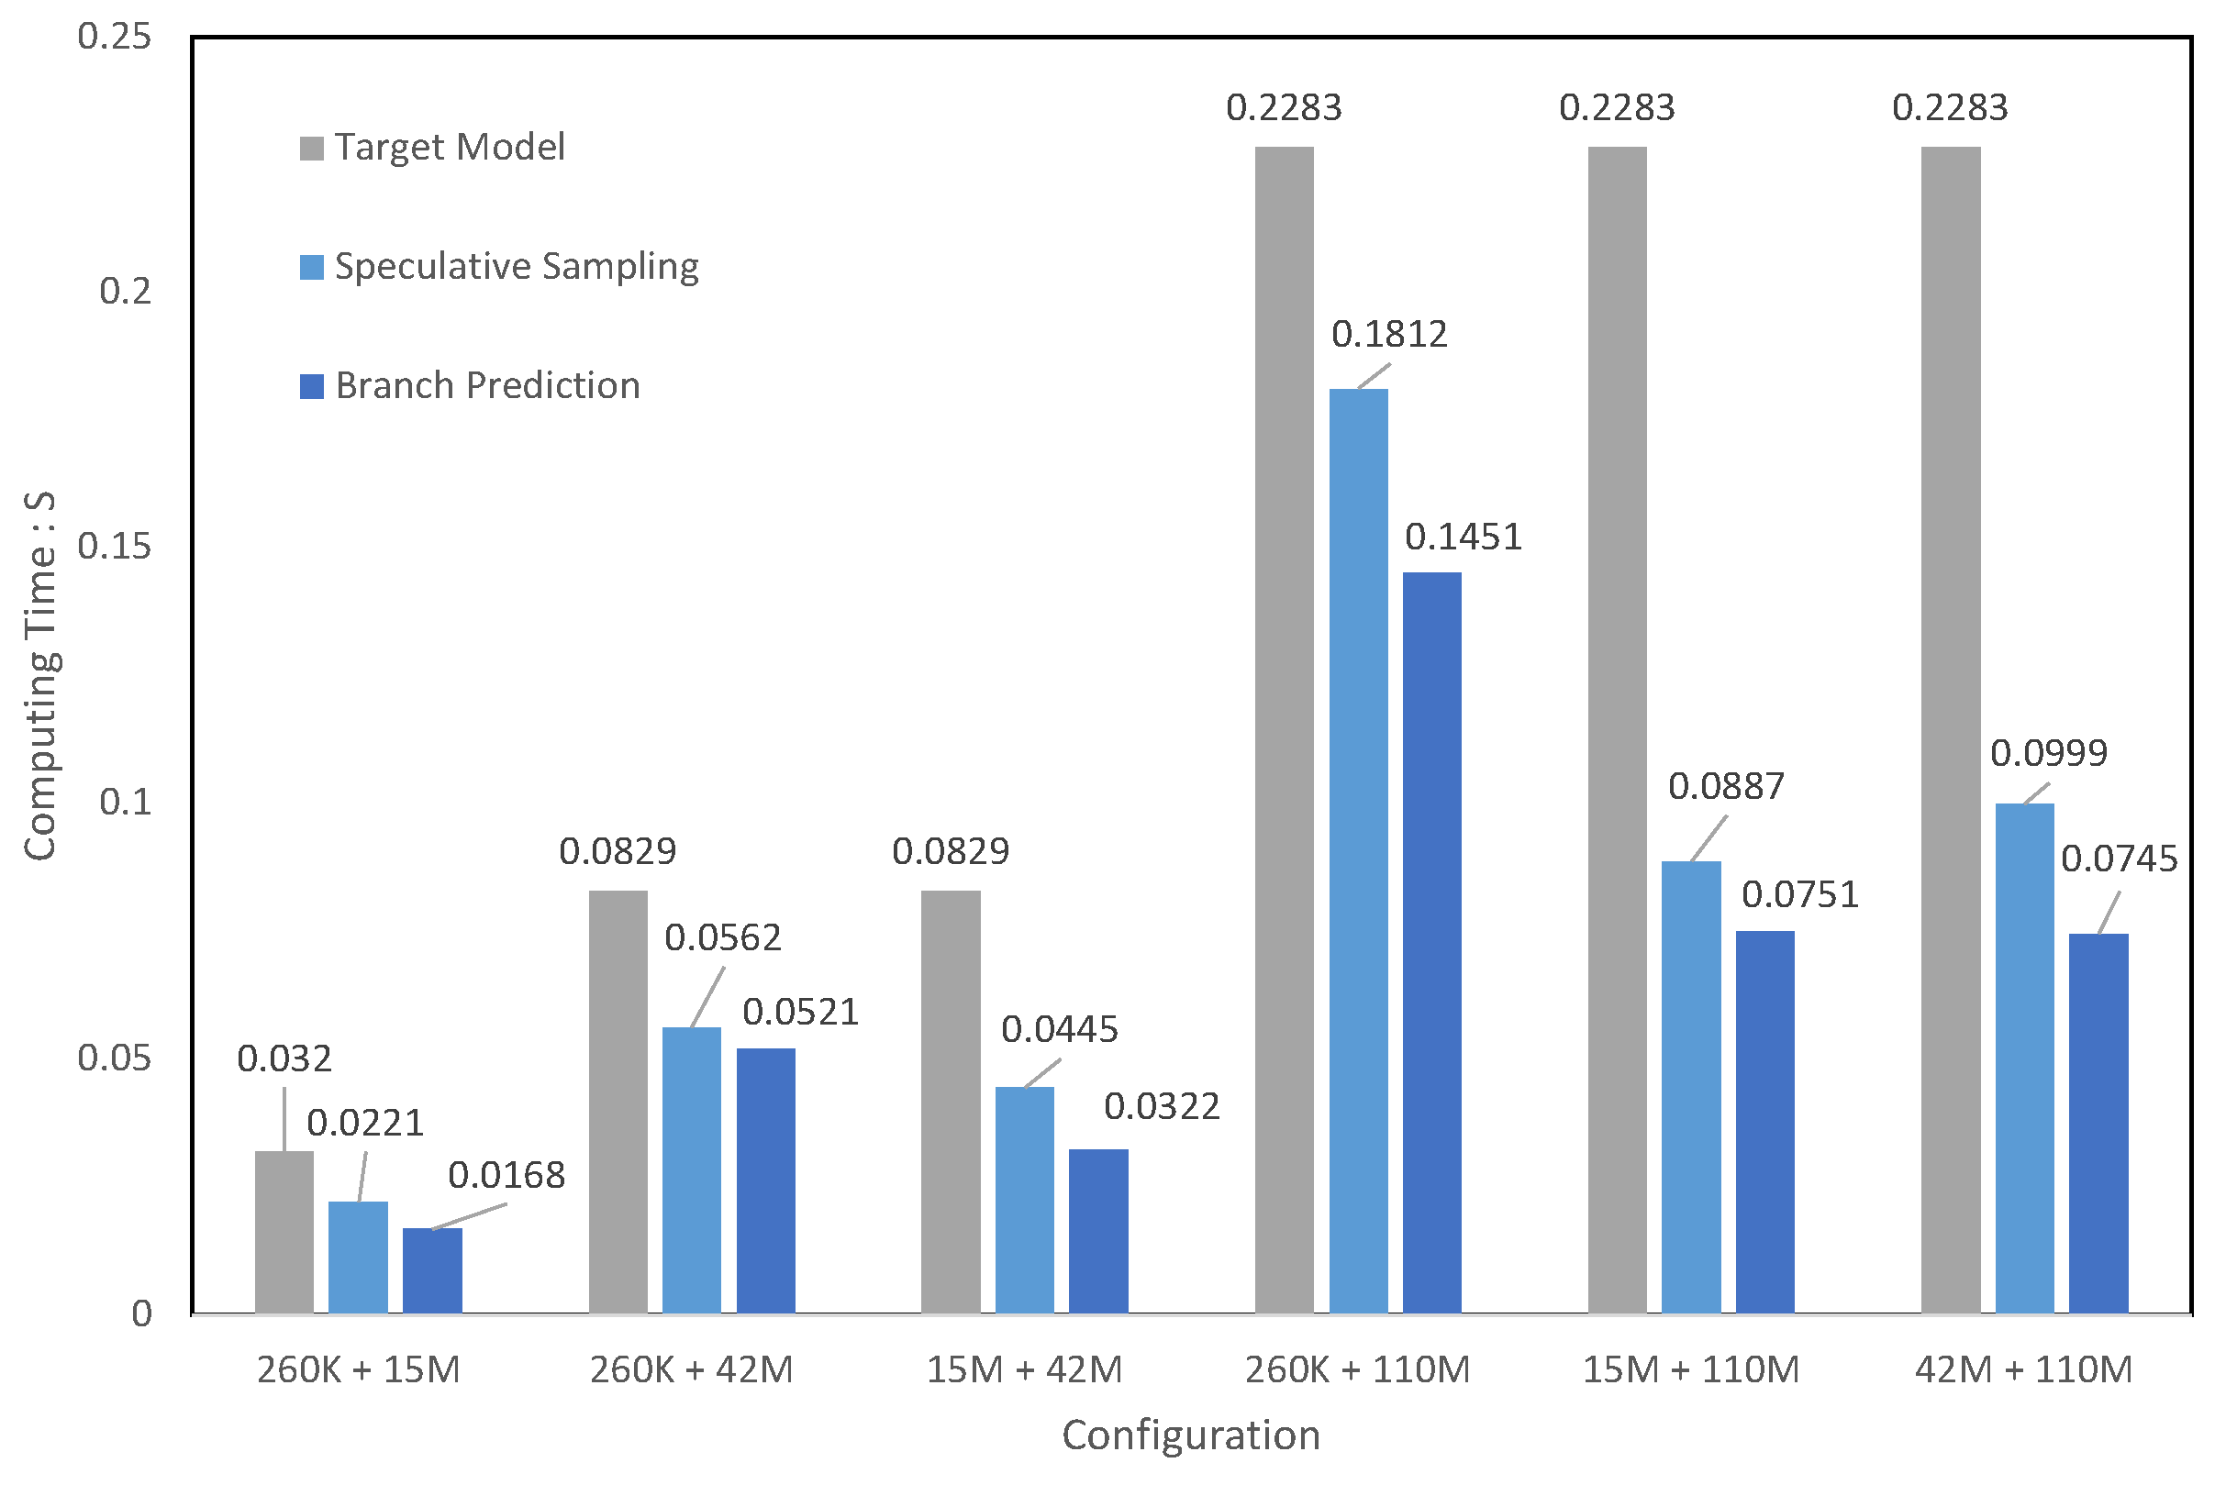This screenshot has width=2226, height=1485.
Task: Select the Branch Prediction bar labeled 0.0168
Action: coord(432,1270)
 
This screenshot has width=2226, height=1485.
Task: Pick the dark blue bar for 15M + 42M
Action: coord(1099,1230)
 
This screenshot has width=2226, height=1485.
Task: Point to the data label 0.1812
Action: coord(1388,334)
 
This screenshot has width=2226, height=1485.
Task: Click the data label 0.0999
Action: coord(2048,754)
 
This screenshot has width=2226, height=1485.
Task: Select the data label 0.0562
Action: coord(723,937)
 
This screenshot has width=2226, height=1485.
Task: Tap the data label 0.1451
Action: coord(1463,537)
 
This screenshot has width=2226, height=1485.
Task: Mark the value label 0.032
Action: coord(284,1058)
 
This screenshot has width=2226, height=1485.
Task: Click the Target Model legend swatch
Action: coord(312,148)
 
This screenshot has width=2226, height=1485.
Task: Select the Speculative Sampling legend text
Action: coord(517,266)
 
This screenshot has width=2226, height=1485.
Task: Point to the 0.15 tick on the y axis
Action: coord(114,547)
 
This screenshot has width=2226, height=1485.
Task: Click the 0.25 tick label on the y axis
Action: coord(114,36)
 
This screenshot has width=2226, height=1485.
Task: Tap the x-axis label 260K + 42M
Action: coord(692,1369)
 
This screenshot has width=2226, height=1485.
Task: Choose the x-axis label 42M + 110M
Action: coord(2023,1369)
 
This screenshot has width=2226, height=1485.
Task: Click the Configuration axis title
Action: coord(1191,1435)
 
